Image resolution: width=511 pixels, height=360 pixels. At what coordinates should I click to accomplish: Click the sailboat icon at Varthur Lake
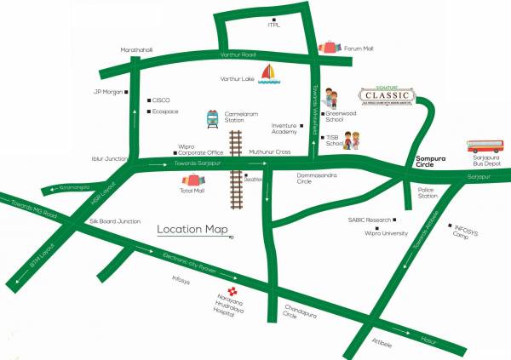tap(270, 74)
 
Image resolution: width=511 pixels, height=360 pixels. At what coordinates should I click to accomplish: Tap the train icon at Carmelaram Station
tap(212, 120)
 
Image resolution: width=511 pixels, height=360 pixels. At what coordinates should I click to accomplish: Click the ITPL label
tap(274, 26)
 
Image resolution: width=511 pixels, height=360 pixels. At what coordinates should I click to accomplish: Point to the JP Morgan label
tap(107, 92)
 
